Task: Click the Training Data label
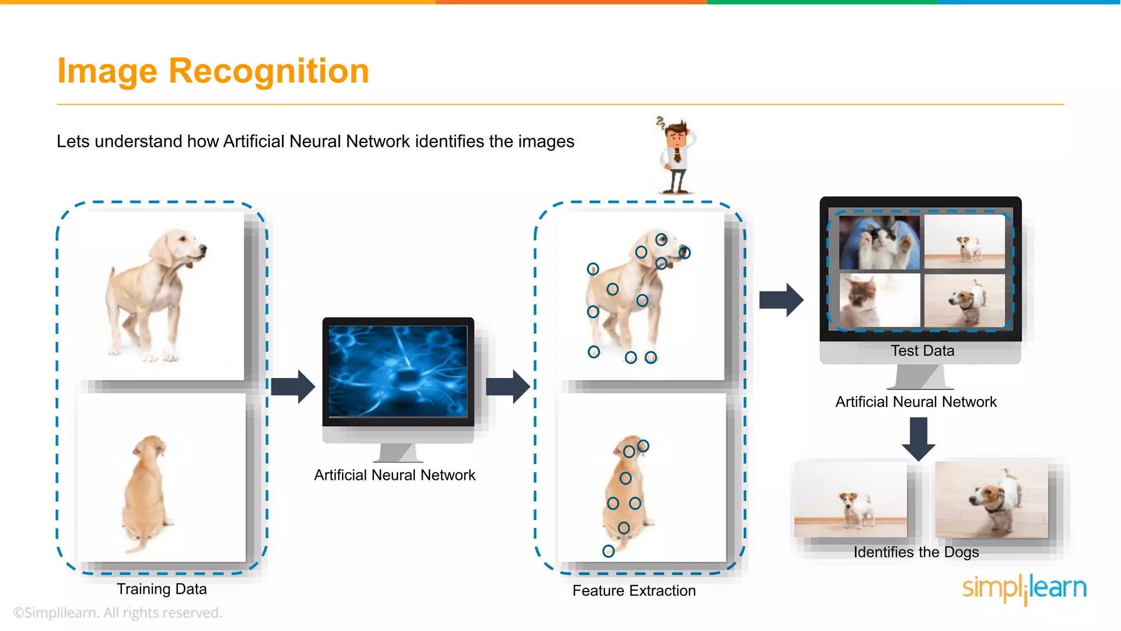click(x=161, y=589)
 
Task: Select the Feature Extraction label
click(x=634, y=591)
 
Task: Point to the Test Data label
click(x=922, y=351)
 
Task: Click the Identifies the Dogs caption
click(x=916, y=552)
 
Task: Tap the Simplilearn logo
click(x=1024, y=588)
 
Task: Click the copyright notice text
click(x=118, y=613)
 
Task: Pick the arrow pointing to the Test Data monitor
click(x=781, y=300)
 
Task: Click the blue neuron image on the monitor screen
click(x=398, y=371)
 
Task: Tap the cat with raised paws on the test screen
click(x=880, y=242)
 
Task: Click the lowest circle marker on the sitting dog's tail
click(x=608, y=551)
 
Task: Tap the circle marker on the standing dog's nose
click(x=684, y=253)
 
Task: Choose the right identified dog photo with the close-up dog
click(x=991, y=500)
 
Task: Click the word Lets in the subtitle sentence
click(x=73, y=141)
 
